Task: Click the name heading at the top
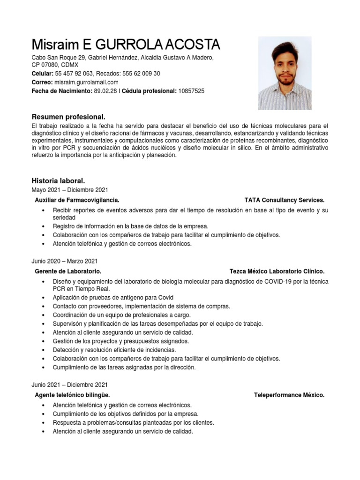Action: click(126, 45)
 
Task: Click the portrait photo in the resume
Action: click(285, 73)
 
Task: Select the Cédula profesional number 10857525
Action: click(191, 91)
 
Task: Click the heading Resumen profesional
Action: click(68, 116)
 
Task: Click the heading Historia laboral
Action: click(58, 180)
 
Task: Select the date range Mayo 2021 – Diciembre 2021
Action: click(69, 190)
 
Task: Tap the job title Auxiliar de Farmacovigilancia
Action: click(80, 200)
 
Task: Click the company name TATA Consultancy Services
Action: click(284, 200)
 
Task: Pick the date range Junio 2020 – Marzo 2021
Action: click(65, 261)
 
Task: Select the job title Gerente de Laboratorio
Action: click(68, 271)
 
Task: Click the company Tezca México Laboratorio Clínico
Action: click(277, 271)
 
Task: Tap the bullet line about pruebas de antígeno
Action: click(113, 298)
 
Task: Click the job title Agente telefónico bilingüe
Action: click(72, 395)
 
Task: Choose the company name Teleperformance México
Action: click(289, 395)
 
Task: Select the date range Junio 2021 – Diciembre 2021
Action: click(69, 385)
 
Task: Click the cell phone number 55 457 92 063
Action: click(75, 74)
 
